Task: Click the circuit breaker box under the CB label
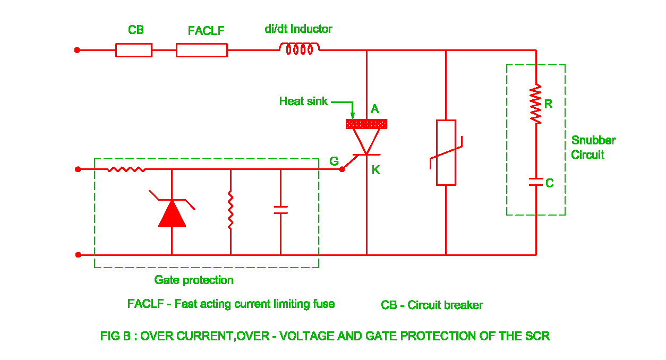point(134,50)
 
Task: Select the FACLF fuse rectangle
point(202,50)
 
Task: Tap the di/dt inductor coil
point(300,49)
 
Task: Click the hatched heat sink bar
point(366,124)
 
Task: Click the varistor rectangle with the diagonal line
point(446,152)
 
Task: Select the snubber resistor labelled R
point(536,104)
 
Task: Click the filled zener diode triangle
point(172,214)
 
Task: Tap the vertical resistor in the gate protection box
point(230,210)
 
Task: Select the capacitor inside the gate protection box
point(280,210)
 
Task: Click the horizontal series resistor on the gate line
point(126,169)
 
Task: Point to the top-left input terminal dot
point(77,50)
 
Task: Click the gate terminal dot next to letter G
point(342,169)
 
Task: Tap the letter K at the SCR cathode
point(375,170)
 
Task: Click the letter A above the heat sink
point(374,109)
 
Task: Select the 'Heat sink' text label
point(303,101)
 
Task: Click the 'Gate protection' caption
point(194,280)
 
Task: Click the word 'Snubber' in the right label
point(593,141)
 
